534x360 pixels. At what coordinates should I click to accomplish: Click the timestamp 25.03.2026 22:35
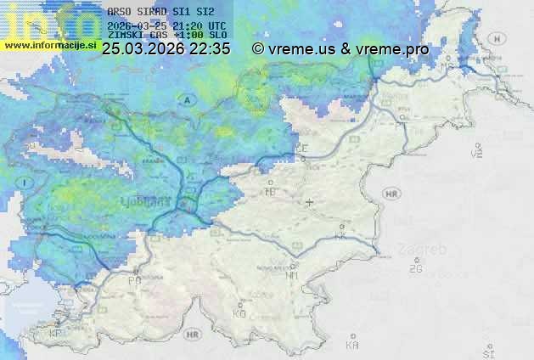166,49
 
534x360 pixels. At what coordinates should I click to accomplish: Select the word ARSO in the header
119,12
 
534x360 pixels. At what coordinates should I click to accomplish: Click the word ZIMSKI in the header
126,35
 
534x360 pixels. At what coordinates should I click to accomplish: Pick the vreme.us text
301,49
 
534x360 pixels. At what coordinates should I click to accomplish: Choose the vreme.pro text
392,49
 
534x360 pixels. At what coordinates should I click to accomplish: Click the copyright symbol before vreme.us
258,49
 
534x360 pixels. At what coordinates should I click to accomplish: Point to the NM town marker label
292,275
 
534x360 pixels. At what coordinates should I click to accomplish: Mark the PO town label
134,279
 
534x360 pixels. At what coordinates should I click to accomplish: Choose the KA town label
352,345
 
